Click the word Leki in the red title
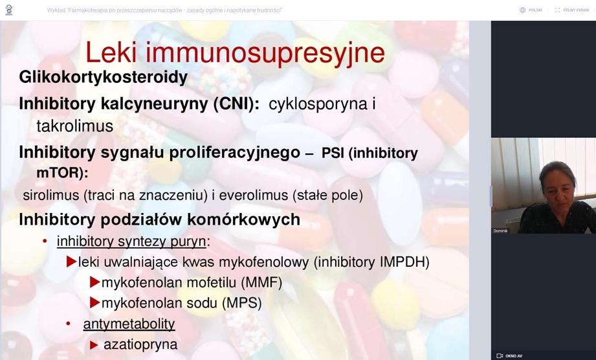pos(111,52)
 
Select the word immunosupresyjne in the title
pos(265,54)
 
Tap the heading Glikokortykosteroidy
pos(104,78)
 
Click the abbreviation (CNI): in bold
pos(236,104)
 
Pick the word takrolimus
pos(75,126)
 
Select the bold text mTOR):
pos(62,173)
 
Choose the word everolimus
pos(254,195)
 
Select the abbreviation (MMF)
pos(261,282)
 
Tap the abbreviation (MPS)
pos(242,303)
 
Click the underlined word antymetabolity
pos(129,324)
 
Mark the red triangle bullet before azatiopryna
pos(94,345)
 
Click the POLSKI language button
pos(531,10)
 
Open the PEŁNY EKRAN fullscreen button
pos(571,10)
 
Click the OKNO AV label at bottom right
pos(510,356)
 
